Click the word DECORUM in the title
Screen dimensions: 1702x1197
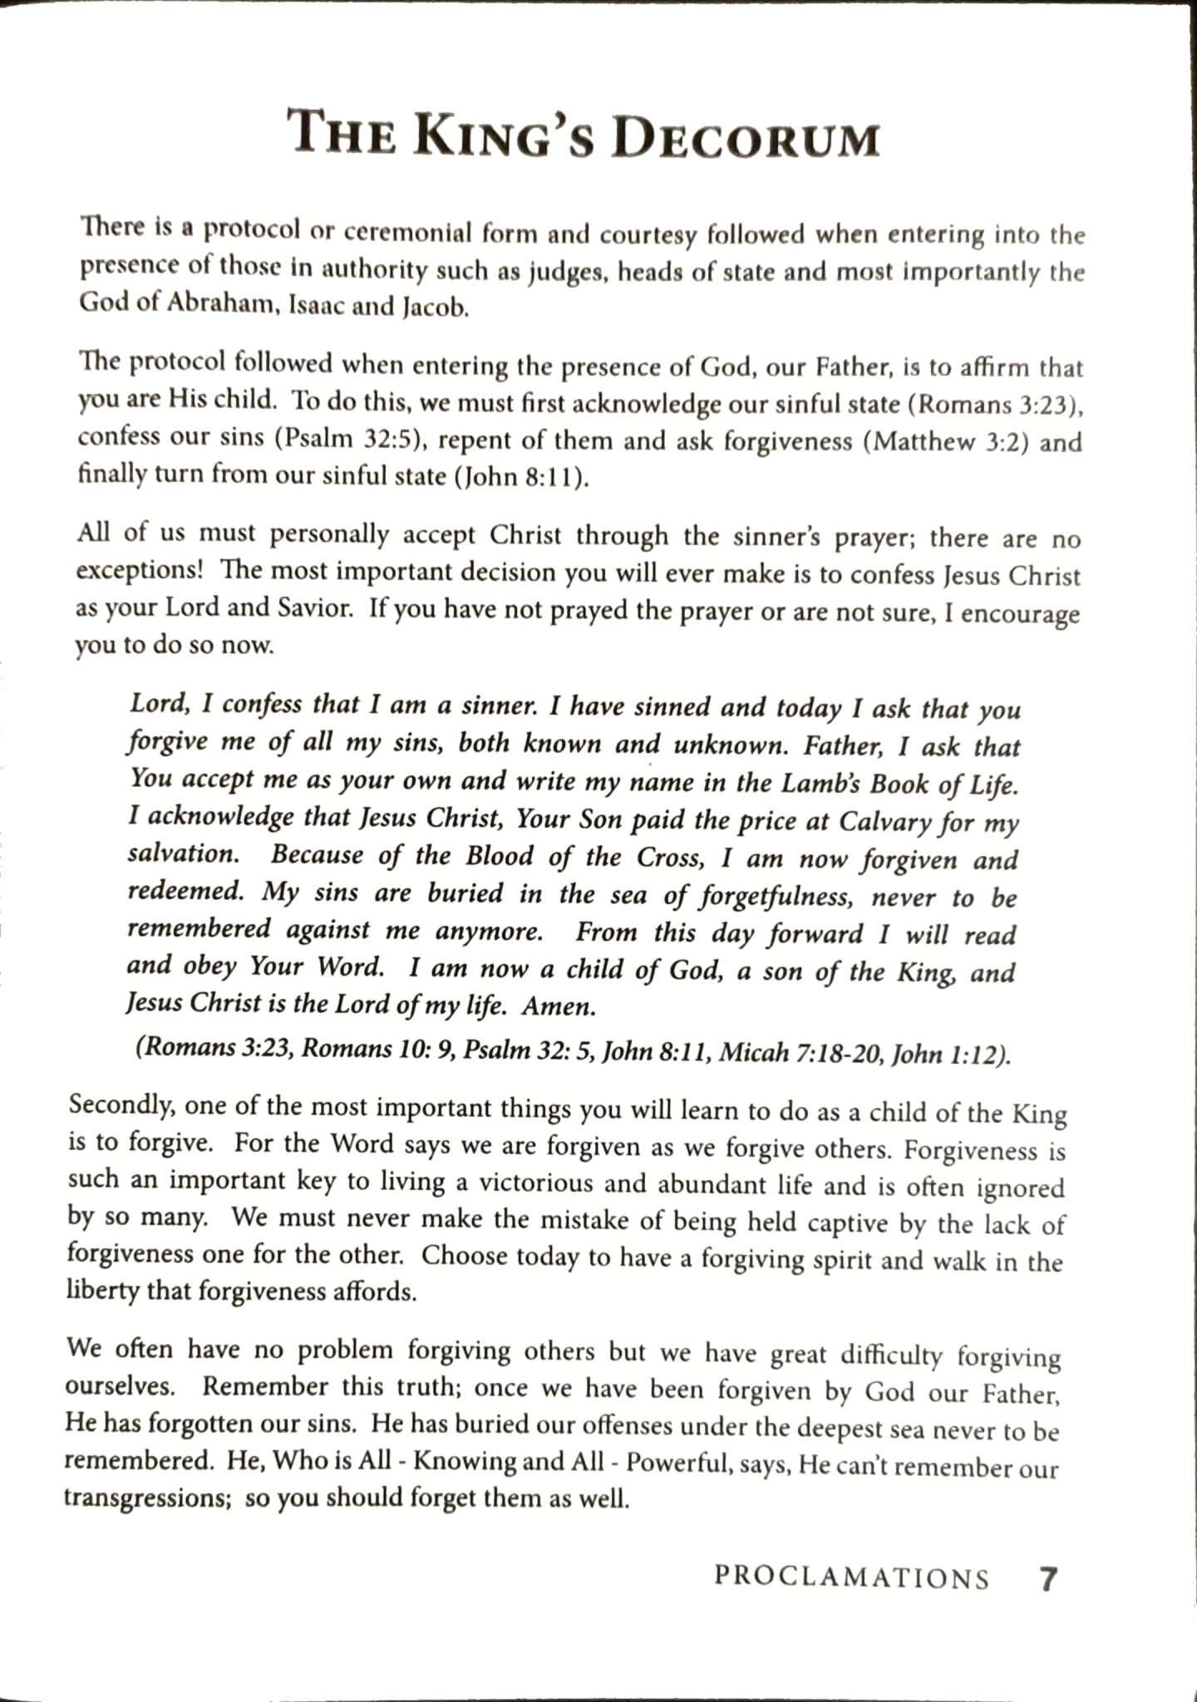click(x=745, y=137)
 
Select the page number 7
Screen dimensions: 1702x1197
click(x=1048, y=1577)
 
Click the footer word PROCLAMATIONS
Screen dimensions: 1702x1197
click(x=851, y=1577)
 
